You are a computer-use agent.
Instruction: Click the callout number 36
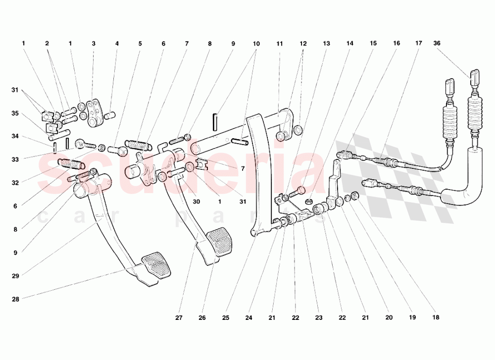click(437, 43)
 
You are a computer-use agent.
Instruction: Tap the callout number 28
click(15, 299)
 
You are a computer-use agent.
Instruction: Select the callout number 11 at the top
click(280, 44)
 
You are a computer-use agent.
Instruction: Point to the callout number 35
click(15, 113)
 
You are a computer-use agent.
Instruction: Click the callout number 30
click(197, 202)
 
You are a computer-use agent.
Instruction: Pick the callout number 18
click(436, 317)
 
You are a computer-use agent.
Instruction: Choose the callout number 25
click(225, 318)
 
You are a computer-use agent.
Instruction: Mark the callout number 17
click(419, 43)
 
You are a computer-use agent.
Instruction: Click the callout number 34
click(15, 136)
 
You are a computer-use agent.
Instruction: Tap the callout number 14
click(350, 43)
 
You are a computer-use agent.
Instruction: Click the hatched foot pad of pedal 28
click(156, 265)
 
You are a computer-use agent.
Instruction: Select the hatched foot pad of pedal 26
click(220, 242)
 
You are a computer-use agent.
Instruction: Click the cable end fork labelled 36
click(475, 78)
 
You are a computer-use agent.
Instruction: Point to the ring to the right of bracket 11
click(298, 130)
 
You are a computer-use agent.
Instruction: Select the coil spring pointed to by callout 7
click(138, 145)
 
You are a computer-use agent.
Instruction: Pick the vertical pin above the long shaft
click(215, 122)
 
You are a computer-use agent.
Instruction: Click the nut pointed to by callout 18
click(354, 196)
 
